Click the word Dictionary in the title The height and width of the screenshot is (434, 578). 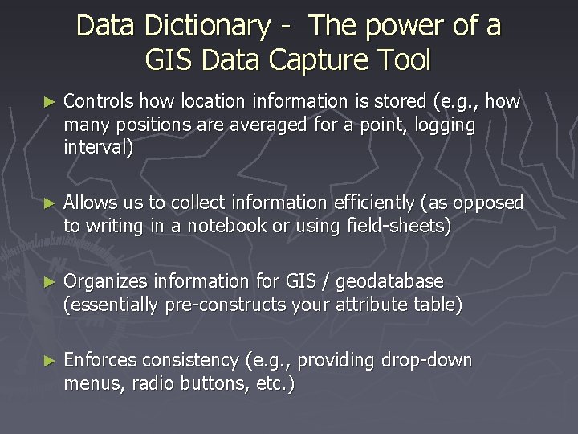point(208,26)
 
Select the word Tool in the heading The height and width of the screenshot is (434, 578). point(403,59)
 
